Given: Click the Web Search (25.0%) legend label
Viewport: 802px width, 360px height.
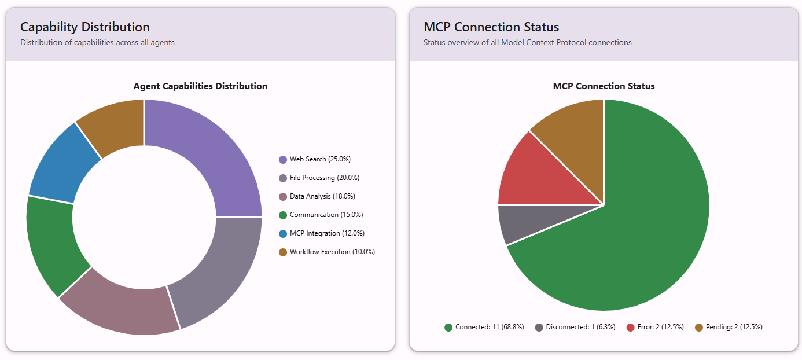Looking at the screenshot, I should tap(320, 159).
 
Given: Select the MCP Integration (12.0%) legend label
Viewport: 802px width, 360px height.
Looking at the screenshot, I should tap(327, 233).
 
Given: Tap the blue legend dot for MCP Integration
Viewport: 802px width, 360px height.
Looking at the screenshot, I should tap(283, 234).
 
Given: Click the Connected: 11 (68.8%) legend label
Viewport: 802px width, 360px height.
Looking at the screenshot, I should tap(490, 327).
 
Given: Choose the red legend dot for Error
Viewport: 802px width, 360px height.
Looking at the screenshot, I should tap(630, 328).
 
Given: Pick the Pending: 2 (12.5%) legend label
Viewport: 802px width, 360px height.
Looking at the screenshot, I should tap(734, 327).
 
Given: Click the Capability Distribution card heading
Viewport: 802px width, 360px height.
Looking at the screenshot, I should tap(85, 27).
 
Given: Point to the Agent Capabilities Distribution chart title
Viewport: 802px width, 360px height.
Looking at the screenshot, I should tap(200, 86).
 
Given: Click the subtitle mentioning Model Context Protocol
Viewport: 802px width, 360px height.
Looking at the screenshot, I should tap(527, 42).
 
